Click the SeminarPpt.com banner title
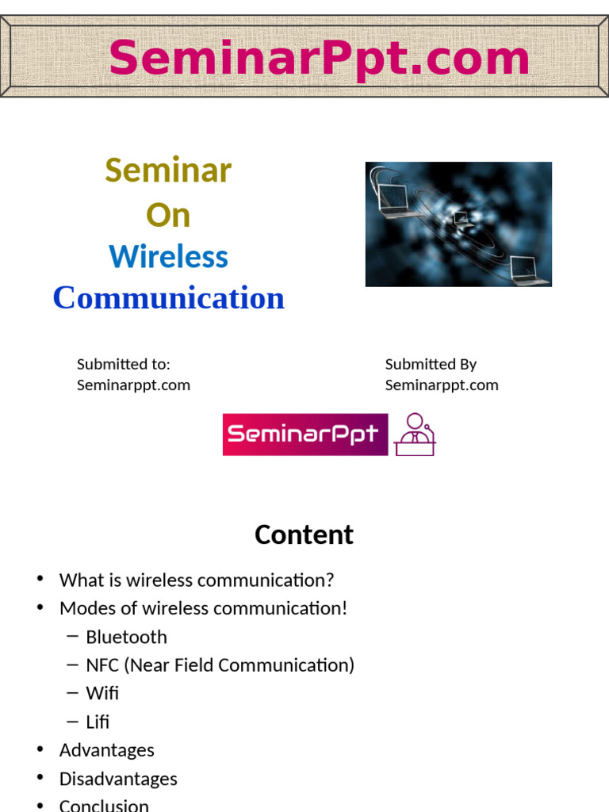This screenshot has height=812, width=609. (319, 58)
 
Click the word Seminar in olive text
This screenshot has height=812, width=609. (168, 170)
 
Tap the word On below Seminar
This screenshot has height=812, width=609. (168, 215)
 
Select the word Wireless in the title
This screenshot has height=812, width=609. (168, 257)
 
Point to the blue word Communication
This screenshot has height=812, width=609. (168, 298)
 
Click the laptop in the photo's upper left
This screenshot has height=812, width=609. (394, 190)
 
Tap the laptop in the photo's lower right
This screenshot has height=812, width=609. (527, 270)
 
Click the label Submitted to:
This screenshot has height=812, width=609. (124, 364)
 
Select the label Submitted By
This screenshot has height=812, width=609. (431, 364)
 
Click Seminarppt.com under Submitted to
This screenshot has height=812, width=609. (133, 385)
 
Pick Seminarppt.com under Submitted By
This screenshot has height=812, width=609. (442, 385)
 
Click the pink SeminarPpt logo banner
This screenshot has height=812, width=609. (305, 435)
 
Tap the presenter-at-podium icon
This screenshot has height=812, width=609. (415, 435)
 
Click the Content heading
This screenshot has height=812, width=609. (304, 534)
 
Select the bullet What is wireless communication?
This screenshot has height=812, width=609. (197, 580)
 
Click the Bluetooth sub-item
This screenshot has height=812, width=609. (126, 637)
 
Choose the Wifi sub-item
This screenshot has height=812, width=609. (102, 693)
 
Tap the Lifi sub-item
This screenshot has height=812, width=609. (98, 722)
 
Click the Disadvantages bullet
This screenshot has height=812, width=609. (118, 779)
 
